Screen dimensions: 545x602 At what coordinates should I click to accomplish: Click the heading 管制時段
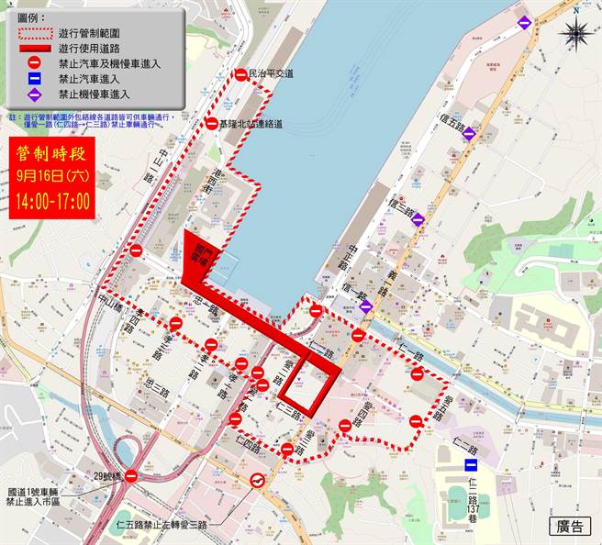50,152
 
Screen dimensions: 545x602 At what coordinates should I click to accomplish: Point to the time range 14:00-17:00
50,202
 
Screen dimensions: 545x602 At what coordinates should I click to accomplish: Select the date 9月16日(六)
50,177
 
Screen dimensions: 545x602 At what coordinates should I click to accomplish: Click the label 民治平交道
272,72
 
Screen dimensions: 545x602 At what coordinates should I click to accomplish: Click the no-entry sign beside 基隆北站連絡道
211,124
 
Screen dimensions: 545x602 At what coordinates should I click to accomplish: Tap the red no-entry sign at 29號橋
131,475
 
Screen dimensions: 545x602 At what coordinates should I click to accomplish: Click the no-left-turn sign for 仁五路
258,482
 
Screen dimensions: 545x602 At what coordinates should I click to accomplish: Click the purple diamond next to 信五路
469,133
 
